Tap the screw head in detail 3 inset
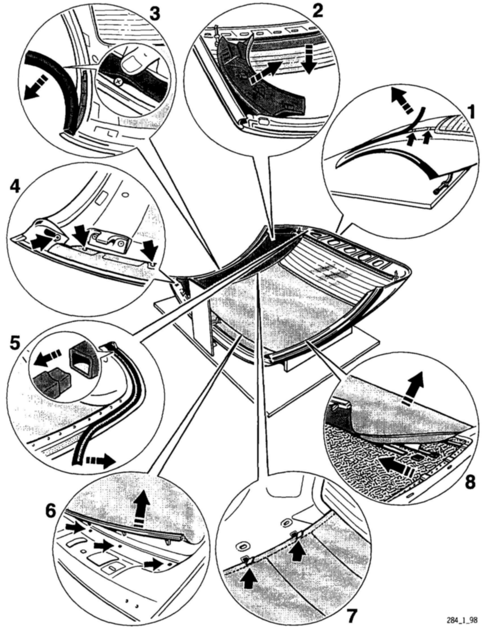click(x=118, y=82)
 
